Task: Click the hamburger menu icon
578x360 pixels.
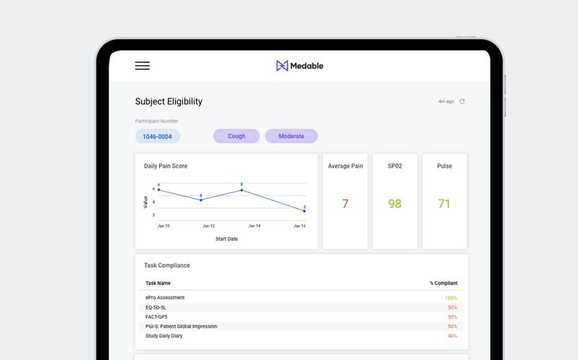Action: pyautogui.click(x=142, y=66)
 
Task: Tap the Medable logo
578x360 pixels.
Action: pyautogui.click(x=299, y=66)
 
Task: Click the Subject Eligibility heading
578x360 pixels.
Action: pyautogui.click(x=168, y=102)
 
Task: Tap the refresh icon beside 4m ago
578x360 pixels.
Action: pyautogui.click(x=462, y=101)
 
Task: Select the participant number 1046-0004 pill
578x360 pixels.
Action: pyautogui.click(x=158, y=136)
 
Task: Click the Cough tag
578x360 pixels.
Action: pyautogui.click(x=236, y=136)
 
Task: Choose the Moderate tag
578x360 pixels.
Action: pyautogui.click(x=291, y=136)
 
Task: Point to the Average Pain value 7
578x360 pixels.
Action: pyautogui.click(x=345, y=204)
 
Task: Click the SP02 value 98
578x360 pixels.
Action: pyautogui.click(x=394, y=204)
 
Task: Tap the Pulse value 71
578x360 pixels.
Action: pyautogui.click(x=444, y=204)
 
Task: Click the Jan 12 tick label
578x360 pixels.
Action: pyautogui.click(x=209, y=226)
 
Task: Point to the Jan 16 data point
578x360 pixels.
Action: pyautogui.click(x=304, y=211)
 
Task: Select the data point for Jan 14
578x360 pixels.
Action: pyautogui.click(x=241, y=190)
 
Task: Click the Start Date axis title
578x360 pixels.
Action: pyautogui.click(x=226, y=239)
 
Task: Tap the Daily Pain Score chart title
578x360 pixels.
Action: pyautogui.click(x=166, y=166)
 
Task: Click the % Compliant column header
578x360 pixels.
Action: pyautogui.click(x=443, y=283)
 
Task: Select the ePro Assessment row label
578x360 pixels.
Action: pyautogui.click(x=165, y=298)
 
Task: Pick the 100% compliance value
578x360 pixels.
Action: pyautogui.click(x=451, y=298)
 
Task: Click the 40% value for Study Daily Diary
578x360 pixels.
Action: pyautogui.click(x=452, y=335)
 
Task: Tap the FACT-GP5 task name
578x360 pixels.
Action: pyautogui.click(x=158, y=317)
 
